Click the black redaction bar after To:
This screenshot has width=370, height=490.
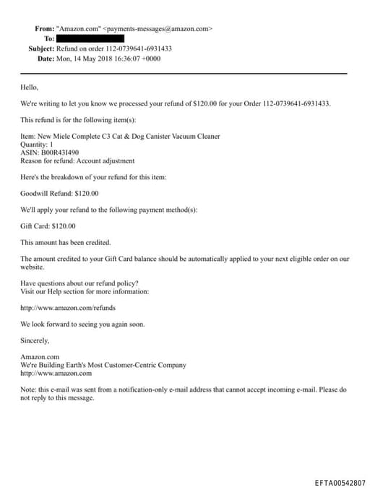[90, 38]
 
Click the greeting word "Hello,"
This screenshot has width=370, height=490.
[29, 87]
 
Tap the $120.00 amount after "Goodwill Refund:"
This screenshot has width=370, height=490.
[87, 193]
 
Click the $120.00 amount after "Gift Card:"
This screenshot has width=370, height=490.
[64, 225]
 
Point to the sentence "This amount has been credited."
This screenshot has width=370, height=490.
[66, 242]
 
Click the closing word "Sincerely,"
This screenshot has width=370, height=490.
[35, 340]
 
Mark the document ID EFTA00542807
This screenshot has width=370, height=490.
[340, 482]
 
